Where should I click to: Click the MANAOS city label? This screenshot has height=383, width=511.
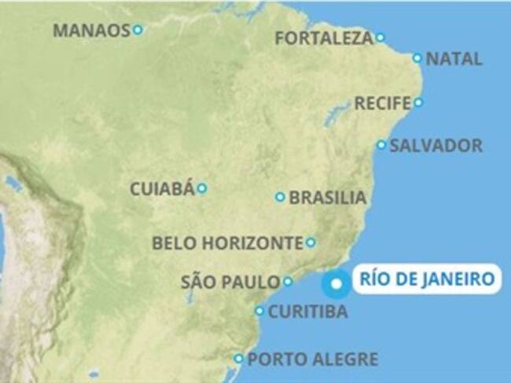[90, 31]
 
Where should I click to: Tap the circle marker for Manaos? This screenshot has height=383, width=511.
[138, 30]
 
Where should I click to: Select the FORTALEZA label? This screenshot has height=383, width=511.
[324, 38]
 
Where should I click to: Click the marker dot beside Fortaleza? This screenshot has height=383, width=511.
[380, 37]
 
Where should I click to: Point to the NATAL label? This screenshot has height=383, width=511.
[454, 59]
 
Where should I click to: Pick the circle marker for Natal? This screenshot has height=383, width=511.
[417, 58]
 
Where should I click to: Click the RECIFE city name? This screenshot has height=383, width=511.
[383, 103]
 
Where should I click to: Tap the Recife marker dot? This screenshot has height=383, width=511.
[418, 102]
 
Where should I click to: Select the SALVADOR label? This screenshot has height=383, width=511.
[436, 146]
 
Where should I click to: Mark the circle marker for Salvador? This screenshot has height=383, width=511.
[381, 145]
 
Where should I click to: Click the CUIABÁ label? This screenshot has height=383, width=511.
[162, 189]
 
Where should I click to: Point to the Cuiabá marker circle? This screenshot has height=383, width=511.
[202, 188]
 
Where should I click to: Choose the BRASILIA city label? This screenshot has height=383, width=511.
[327, 198]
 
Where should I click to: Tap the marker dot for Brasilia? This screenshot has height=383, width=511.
[280, 197]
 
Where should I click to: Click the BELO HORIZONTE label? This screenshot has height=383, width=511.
[227, 243]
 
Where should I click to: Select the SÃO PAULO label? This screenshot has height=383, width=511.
[230, 282]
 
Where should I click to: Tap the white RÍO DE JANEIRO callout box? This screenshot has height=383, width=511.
[426, 279]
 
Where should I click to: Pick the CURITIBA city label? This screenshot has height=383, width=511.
[307, 312]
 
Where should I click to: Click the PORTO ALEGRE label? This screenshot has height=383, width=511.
[312, 359]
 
